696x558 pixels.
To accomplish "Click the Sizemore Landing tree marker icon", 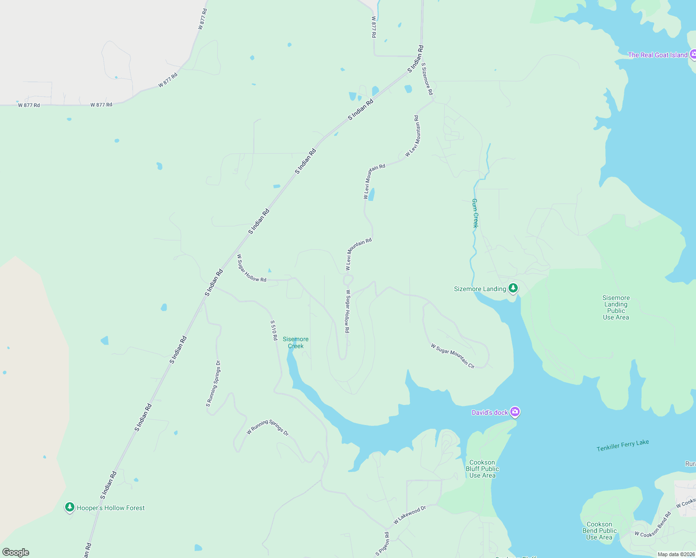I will coord(513,288).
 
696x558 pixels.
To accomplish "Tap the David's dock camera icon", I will coord(515,412).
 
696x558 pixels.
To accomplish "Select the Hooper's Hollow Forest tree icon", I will coord(70,507).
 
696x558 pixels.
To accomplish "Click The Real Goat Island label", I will coord(657,55).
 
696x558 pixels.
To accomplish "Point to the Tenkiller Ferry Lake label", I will coord(622,445).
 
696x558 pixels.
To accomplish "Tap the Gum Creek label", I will coord(475,213).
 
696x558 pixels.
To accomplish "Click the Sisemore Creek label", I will coord(295,343).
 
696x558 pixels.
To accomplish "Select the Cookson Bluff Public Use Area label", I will coord(482,469).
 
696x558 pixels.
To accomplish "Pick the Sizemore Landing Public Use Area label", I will coord(616,307).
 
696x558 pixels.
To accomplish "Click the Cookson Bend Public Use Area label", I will coord(599,531).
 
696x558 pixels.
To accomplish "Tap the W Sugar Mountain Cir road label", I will coord(453,356).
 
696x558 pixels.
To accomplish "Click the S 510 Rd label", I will coord(274,330).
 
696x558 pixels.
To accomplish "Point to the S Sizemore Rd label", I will coord(427,79).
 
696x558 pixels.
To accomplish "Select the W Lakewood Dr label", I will coord(409,515).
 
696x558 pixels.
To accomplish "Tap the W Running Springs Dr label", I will coord(268,427).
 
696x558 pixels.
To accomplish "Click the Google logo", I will coord(16,552).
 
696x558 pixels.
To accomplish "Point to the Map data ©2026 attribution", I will coord(676,554).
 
